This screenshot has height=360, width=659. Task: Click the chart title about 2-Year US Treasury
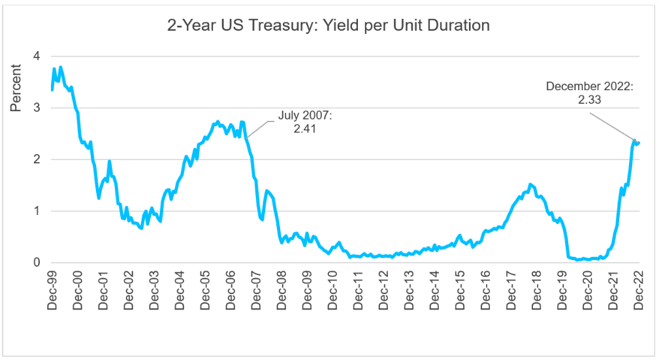point(329,25)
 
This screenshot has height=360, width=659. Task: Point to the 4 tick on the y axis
point(37,56)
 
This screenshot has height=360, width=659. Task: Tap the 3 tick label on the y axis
point(37,108)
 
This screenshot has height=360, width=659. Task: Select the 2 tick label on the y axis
point(37,159)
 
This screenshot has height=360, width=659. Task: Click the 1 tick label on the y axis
point(37,211)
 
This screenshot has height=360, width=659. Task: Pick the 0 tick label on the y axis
point(37,263)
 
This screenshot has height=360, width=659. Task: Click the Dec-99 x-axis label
point(52,287)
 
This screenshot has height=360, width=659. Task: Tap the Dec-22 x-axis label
point(639,287)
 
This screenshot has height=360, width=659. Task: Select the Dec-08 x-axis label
point(281,287)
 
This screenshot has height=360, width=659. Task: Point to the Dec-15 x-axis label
point(460,287)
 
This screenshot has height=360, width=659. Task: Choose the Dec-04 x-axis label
point(180,287)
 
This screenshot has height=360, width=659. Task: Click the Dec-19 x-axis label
point(562,287)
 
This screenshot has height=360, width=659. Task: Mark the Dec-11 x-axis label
point(358,287)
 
